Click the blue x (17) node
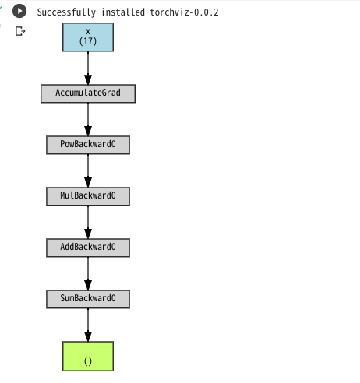click(x=88, y=37)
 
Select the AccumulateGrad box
click(x=88, y=93)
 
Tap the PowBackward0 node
click(x=88, y=145)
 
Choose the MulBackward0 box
click(x=88, y=196)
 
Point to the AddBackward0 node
click(x=88, y=248)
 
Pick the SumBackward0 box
click(x=88, y=299)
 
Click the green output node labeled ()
click(x=88, y=356)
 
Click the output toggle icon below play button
click(x=20, y=31)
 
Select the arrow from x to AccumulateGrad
click(x=88, y=68)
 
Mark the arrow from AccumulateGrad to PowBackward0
click(x=88, y=119)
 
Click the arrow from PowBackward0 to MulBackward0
click(x=88, y=170)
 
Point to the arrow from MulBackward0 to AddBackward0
click(x=88, y=222)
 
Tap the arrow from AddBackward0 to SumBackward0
click(x=88, y=273)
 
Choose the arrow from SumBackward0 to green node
click(x=88, y=325)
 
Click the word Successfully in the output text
click(x=66, y=12)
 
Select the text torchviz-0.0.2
click(x=185, y=12)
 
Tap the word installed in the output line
click(x=123, y=12)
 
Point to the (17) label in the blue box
click(x=88, y=41)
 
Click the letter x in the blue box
click(x=88, y=32)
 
